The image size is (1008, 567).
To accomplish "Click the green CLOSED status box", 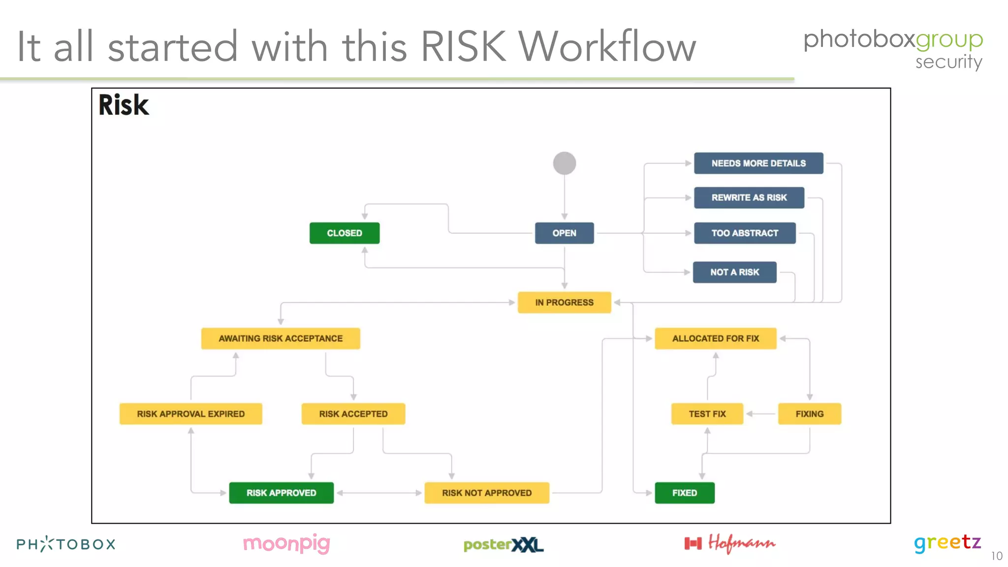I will tap(345, 233).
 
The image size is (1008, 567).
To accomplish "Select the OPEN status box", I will tap(564, 233).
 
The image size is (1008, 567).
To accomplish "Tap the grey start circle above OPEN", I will tap(564, 163).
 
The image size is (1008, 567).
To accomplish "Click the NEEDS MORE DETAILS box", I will tap(758, 163).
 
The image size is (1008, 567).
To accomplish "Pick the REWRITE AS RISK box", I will tap(749, 197).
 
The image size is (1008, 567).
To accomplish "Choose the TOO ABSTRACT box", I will tap(745, 233).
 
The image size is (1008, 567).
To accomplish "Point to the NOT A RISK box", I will tap(734, 272).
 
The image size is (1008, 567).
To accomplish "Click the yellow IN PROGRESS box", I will tap(564, 302).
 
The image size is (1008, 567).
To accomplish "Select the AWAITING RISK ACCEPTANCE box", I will tap(281, 339).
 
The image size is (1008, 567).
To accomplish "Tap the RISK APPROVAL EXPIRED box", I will tap(190, 414).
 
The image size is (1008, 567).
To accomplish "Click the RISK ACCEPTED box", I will tap(353, 414).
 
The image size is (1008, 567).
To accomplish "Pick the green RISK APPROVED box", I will tap(281, 493).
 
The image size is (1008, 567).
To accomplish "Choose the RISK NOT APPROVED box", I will tap(486, 493).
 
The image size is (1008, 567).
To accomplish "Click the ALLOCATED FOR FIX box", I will tap(715, 339).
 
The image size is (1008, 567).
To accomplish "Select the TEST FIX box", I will tap(707, 414).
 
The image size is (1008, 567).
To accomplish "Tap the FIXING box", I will tap(809, 414).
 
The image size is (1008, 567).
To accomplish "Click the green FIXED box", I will tap(684, 493).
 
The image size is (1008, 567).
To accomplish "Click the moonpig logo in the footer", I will tap(286, 544).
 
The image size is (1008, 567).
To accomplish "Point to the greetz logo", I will tap(947, 543).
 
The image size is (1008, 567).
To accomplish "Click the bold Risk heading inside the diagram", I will tap(124, 105).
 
